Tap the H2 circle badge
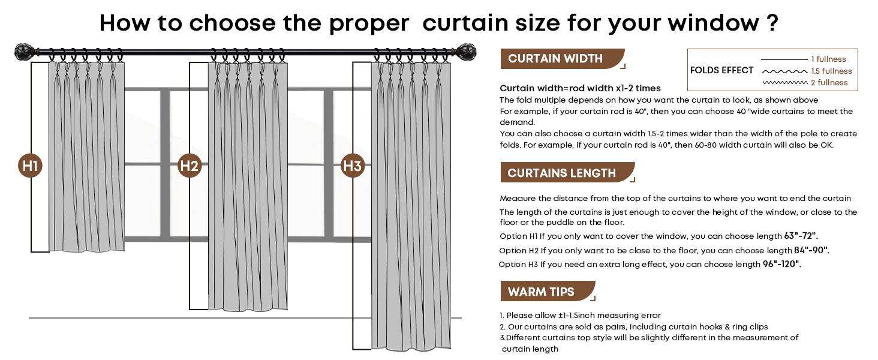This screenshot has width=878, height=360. click(x=189, y=166)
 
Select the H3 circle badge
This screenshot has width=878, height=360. click(x=353, y=166)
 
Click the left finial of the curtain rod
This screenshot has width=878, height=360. click(x=25, y=53)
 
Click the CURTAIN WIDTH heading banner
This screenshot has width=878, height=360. click(x=562, y=59)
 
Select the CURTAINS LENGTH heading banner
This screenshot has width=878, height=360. click(x=567, y=173)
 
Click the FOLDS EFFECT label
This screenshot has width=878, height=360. click(x=721, y=70)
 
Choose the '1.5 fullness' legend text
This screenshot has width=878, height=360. click(x=831, y=71)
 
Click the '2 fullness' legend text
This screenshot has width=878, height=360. click(x=830, y=83)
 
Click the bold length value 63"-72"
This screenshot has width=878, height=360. click(x=801, y=236)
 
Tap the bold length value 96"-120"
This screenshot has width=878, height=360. click(x=781, y=264)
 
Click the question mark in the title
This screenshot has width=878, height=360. click(x=772, y=23)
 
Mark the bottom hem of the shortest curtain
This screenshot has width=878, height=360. click(x=86, y=250)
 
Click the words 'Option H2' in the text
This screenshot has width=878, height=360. click(x=519, y=251)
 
